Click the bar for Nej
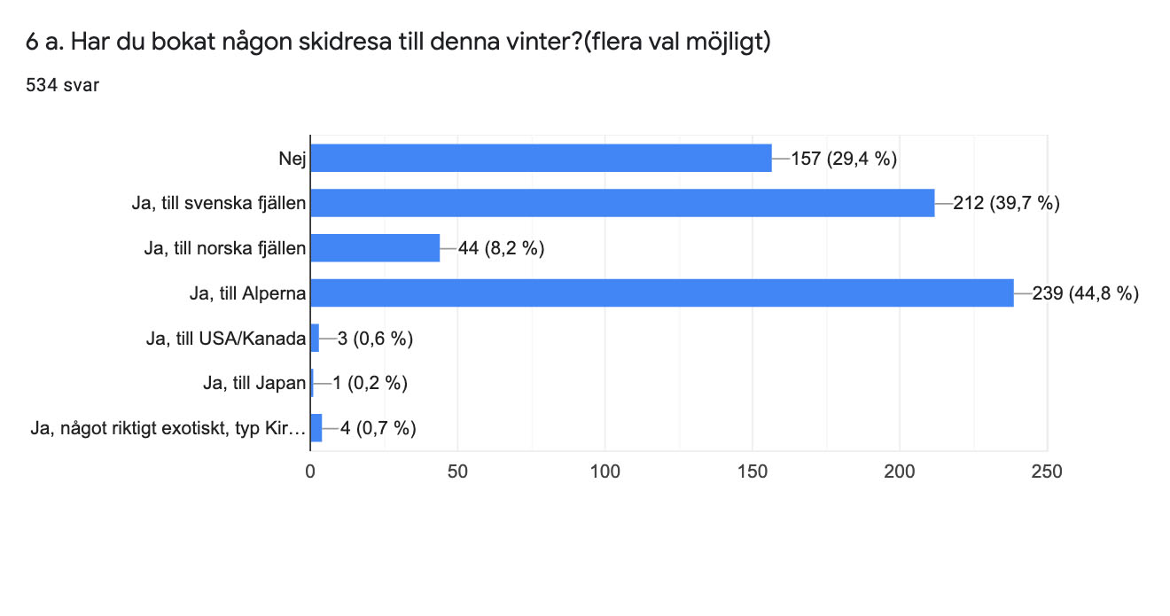(541, 159)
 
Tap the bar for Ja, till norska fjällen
(375, 248)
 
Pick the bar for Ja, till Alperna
(661, 292)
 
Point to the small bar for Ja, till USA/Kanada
(315, 338)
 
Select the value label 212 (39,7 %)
(1007, 204)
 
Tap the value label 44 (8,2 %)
(501, 248)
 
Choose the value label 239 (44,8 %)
(1086, 293)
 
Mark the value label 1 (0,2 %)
(370, 383)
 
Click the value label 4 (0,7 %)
(378, 428)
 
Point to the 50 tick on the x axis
(457, 471)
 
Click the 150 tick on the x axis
(753, 471)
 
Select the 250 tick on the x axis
(1047, 471)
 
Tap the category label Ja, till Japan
(254, 383)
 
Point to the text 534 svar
(62, 84)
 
